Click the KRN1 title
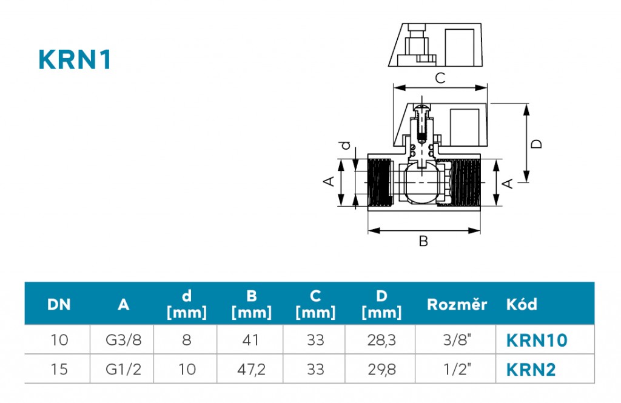(x=75, y=60)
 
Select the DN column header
(x=59, y=304)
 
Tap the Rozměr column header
(x=457, y=304)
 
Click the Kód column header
(x=522, y=304)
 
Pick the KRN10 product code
(x=537, y=340)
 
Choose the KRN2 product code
(x=531, y=369)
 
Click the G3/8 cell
(x=124, y=340)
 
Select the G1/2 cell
(x=124, y=369)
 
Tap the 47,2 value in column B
(x=251, y=369)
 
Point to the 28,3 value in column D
(x=381, y=340)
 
